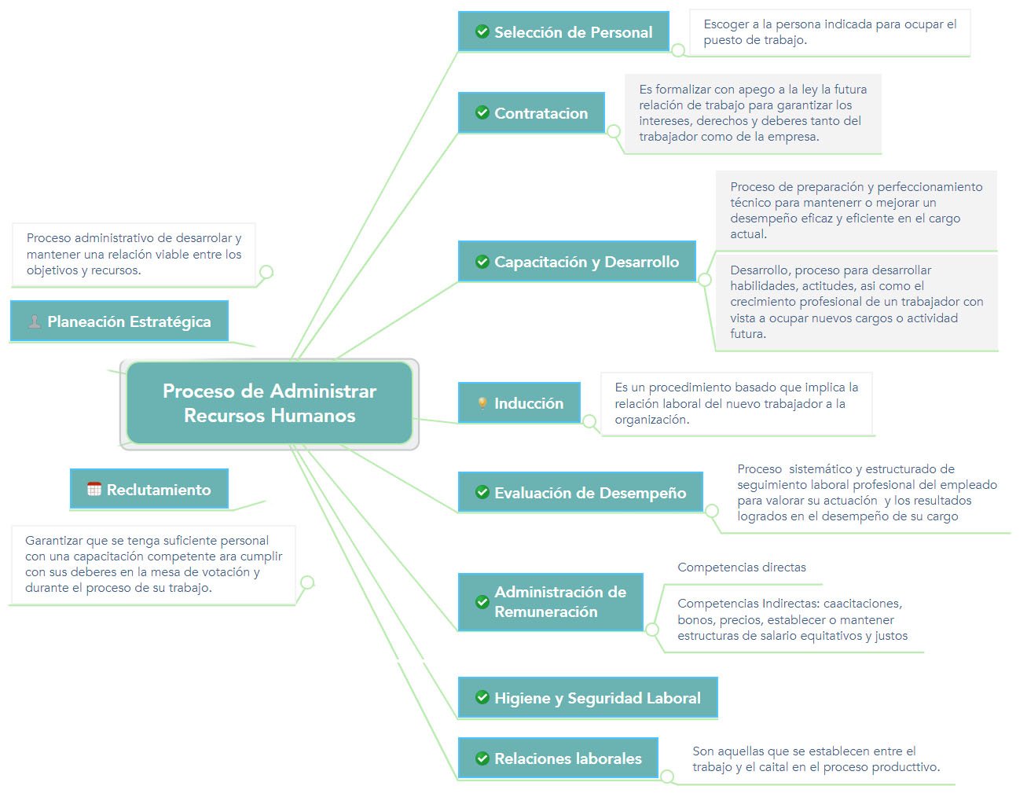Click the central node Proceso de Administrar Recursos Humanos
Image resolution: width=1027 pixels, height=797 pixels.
tap(270, 403)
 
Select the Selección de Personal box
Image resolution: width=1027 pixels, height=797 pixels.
tap(563, 32)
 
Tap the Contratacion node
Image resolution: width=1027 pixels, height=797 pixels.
tap(532, 113)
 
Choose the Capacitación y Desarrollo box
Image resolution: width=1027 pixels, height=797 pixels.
tap(577, 262)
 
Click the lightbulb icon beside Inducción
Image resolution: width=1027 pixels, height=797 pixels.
tap(482, 403)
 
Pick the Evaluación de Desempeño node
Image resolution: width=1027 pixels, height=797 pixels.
tap(580, 493)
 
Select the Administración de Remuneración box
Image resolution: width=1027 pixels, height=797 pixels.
tap(550, 601)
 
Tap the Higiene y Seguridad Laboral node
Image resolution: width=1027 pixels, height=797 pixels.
tap(588, 698)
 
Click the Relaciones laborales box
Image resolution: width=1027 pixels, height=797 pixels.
tap(558, 758)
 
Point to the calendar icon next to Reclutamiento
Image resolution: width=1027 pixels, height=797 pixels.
tap(94, 490)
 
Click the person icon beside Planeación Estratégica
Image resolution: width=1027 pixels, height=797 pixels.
tap(35, 321)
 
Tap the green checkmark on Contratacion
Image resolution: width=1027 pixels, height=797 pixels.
tap(482, 113)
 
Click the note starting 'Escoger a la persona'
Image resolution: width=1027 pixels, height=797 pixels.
tap(829, 32)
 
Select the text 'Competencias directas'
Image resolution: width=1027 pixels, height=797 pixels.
tap(741, 567)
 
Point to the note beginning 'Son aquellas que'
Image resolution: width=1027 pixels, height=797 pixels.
tap(815, 759)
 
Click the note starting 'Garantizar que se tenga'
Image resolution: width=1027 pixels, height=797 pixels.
tap(153, 564)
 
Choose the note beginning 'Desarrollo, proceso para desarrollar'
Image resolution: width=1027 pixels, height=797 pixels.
tap(856, 302)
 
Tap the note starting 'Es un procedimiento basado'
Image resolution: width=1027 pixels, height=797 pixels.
tap(735, 403)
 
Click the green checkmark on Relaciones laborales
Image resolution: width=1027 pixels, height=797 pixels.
tap(482, 758)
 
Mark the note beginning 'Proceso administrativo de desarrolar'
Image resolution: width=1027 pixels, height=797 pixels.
tap(134, 254)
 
